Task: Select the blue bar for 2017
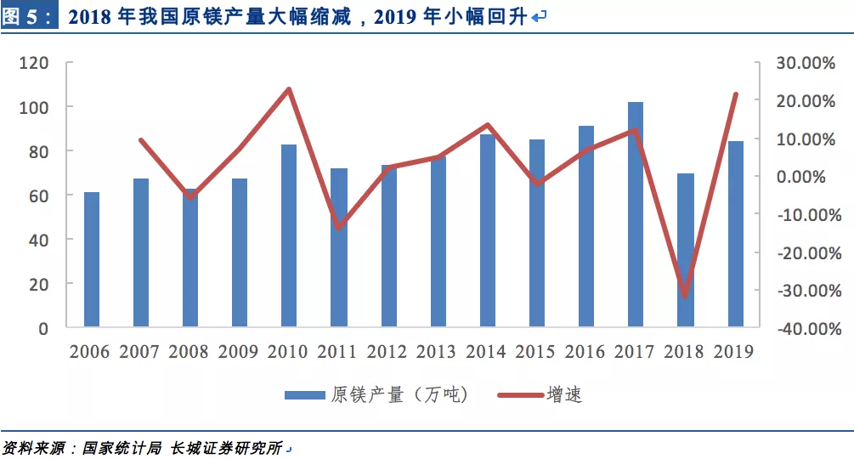[x=636, y=214]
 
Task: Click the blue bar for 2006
[x=92, y=259]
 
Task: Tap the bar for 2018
[x=686, y=250]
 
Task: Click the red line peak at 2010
[x=289, y=89]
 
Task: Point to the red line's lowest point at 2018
[x=686, y=297]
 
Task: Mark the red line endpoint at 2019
[x=736, y=94]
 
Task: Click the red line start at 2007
[x=141, y=140]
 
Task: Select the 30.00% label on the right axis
[x=806, y=63]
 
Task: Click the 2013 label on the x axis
[x=438, y=352]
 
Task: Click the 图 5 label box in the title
[x=30, y=16]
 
